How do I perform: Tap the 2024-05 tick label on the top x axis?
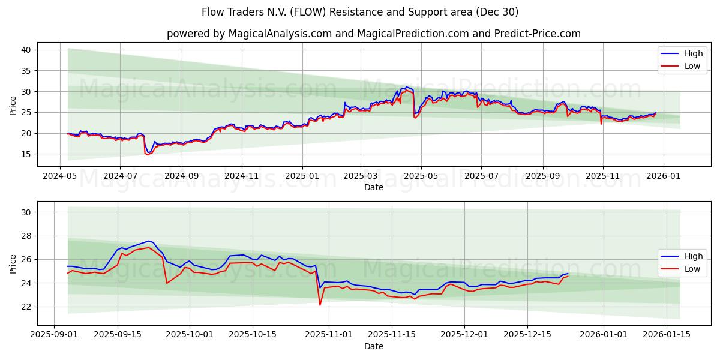pyautogui.click(x=59, y=177)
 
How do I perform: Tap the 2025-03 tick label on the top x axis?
pyautogui.click(x=361, y=177)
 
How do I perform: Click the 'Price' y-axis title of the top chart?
pyautogui.click(x=13, y=105)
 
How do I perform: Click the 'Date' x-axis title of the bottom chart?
pyautogui.click(x=374, y=346)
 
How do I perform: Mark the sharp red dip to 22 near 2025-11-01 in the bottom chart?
pyautogui.click(x=320, y=305)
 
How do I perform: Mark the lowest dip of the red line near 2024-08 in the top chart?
pyautogui.click(x=148, y=154)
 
